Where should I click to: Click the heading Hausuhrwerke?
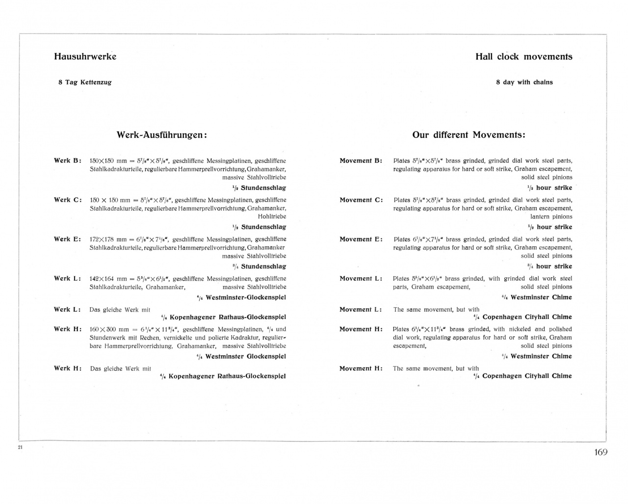coord(85,56)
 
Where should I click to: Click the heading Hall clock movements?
coord(523,56)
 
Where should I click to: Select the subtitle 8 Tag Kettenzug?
coord(85,82)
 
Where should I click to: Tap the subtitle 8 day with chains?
coord(524,82)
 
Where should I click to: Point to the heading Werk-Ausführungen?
coord(161,135)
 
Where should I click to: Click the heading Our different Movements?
coord(469,135)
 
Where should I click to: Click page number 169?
coord(601,452)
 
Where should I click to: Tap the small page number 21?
coord(20,447)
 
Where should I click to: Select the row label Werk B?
coord(67,160)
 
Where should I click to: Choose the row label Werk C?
coord(67,200)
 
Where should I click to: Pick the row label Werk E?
coord(67,239)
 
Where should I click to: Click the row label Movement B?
coord(361,160)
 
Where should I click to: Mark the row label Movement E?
coord(361,239)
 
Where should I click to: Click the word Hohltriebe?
coord(272,216)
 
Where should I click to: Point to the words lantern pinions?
coord(551,216)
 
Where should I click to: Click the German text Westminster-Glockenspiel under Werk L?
coord(245,297)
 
